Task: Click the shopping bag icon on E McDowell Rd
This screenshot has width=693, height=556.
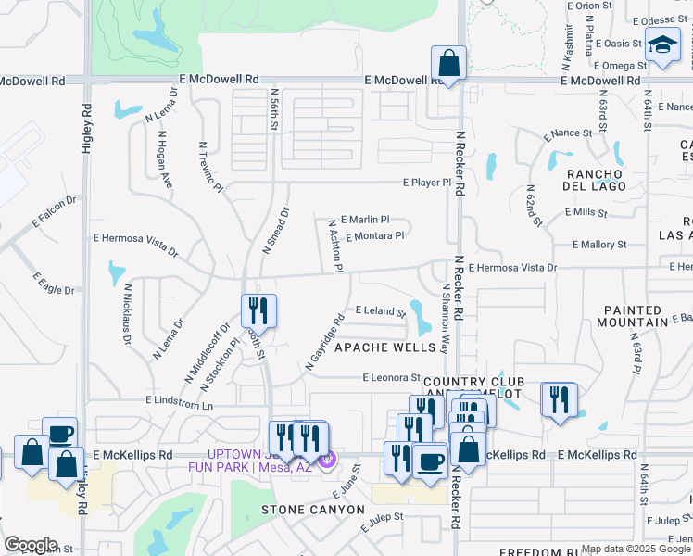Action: pos(448,65)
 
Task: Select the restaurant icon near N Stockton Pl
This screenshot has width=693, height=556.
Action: pos(258,310)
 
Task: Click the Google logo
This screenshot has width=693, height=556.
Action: pos(31,545)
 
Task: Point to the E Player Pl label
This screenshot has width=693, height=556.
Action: pos(426,183)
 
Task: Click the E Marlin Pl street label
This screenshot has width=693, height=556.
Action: pos(365,221)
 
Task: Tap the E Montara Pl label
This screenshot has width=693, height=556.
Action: pos(374,236)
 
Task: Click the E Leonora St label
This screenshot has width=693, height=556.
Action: pos(392,378)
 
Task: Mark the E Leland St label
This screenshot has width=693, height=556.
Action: pos(381,311)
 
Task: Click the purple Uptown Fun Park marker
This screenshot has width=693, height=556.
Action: pos(325,458)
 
